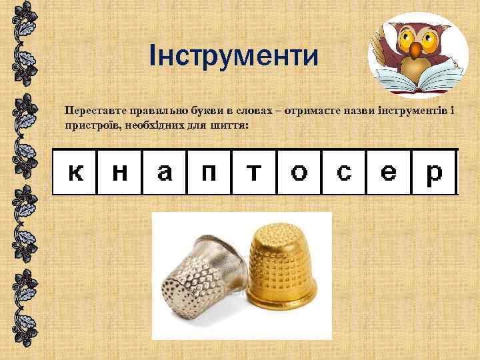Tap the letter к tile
(x=76, y=172)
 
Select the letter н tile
(x=120, y=172)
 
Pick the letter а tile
(x=164, y=172)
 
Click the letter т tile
(x=253, y=172)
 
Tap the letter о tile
(x=299, y=172)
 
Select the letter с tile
(x=344, y=172)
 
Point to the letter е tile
(x=389, y=172)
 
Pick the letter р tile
(x=433, y=172)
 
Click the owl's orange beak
(x=416, y=49)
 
